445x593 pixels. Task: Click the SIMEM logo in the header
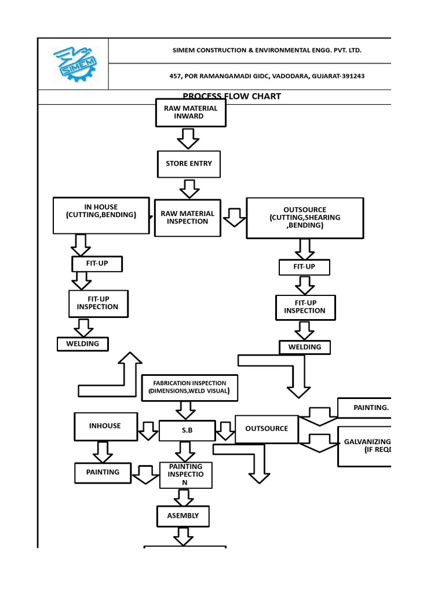coord(74,63)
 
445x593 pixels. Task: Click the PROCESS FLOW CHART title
coord(232,97)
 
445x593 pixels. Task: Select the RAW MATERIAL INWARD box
coord(191,112)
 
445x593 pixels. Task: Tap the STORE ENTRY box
coord(189,164)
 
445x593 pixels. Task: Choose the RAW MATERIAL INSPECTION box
coord(187,218)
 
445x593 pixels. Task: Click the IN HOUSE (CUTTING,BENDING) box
coord(101,215)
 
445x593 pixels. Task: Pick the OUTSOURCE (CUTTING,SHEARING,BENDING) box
coord(305,218)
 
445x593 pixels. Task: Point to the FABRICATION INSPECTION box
coord(189,387)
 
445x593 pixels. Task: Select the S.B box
coord(187,431)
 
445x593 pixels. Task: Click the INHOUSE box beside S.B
coord(105,426)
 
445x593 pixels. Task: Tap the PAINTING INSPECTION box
coord(185,475)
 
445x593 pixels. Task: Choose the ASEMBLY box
coord(183,515)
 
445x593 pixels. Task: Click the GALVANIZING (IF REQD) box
coord(365,446)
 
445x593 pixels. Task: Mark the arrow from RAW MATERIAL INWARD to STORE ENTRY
coord(188,138)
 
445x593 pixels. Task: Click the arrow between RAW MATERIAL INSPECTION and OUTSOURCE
coord(234,217)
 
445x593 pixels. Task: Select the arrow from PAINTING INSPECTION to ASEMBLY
coord(184,497)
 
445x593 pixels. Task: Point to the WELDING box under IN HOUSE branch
coord(83,344)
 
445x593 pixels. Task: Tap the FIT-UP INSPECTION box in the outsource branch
coord(305,307)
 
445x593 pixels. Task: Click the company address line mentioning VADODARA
coord(267,76)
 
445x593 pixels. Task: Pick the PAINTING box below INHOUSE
coord(103,473)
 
